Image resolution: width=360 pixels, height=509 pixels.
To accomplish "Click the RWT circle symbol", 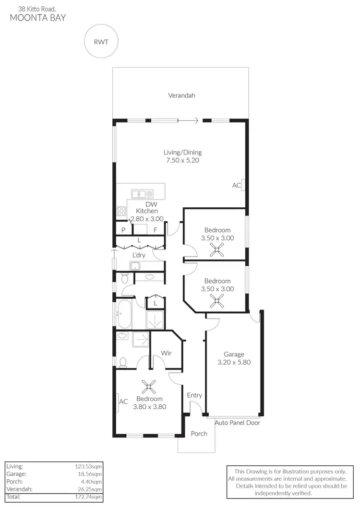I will [x=100, y=41].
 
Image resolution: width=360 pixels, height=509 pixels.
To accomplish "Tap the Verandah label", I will [x=181, y=95].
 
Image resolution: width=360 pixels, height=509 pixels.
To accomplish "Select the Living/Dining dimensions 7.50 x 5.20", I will [x=181, y=161].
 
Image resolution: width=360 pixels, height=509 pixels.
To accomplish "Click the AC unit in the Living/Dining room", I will [x=243, y=185].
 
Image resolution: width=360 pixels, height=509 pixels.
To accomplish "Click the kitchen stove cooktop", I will [x=121, y=212].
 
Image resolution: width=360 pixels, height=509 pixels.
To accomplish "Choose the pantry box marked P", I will [x=123, y=230].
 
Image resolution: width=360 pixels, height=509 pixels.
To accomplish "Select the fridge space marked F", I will [x=156, y=230].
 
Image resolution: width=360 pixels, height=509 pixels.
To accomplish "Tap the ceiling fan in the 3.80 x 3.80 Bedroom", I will [x=150, y=386].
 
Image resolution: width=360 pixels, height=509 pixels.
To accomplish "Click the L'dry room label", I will [x=139, y=255].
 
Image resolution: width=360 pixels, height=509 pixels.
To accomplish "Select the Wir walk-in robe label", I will [x=166, y=353].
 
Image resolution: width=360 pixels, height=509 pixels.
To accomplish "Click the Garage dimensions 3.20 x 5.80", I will [x=233, y=363].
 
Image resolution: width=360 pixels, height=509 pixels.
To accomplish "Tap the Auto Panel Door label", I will [x=237, y=423].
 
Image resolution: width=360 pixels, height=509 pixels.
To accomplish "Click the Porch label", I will [x=199, y=434].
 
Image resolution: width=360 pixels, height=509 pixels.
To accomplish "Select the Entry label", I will [x=194, y=395].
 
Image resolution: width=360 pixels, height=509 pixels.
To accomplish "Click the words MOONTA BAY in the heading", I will [x=38, y=18].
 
